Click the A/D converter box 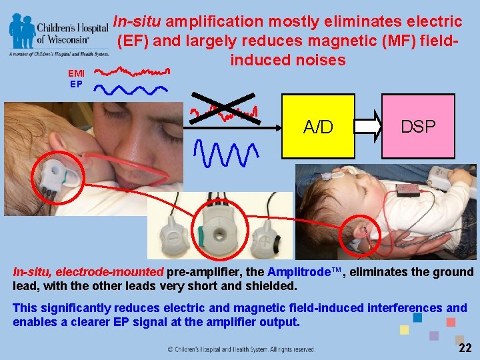click(x=317, y=126)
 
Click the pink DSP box click(x=418, y=126)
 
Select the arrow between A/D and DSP click(x=367, y=126)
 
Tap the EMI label click(x=77, y=73)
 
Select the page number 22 click(x=465, y=348)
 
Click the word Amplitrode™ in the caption click(x=304, y=272)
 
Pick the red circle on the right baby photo click(x=358, y=235)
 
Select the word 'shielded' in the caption click(x=273, y=286)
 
